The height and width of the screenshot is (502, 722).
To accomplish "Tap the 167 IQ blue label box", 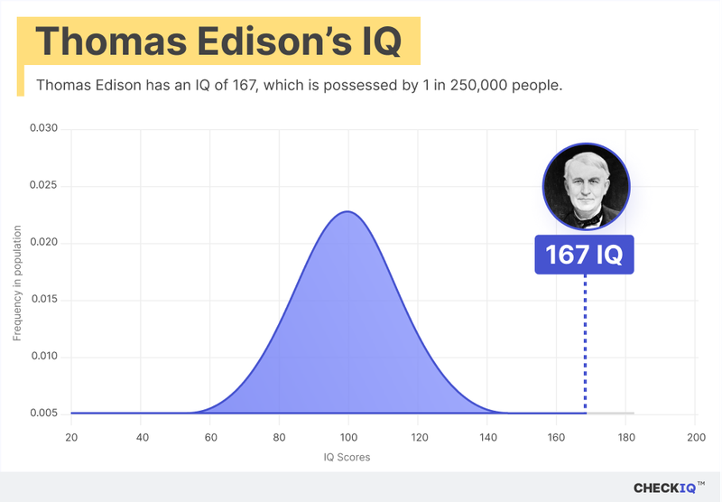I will [x=585, y=255].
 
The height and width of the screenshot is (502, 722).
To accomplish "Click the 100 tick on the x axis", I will [x=347, y=437].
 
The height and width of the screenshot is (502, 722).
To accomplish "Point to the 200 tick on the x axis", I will [x=695, y=437].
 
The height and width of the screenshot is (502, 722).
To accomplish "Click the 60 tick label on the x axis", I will [x=209, y=437].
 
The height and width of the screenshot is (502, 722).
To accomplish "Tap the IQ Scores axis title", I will [x=347, y=458].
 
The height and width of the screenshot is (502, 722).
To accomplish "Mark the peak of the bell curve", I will [x=347, y=212].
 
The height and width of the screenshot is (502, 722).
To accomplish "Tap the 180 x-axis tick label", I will [x=625, y=437].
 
